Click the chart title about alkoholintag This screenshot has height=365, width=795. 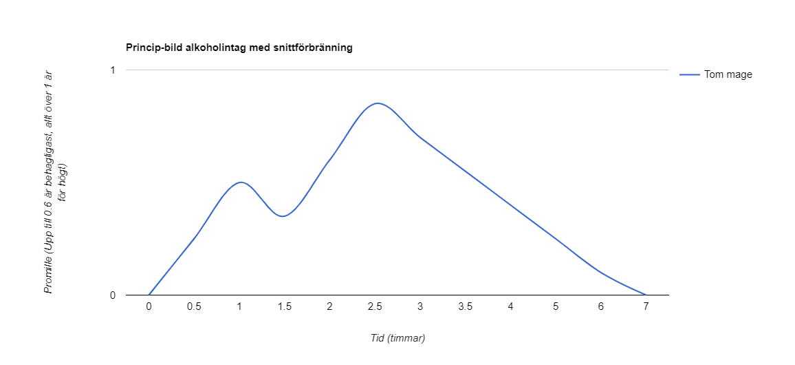239,48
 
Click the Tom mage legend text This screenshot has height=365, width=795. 728,74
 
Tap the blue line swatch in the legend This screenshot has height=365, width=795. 690,74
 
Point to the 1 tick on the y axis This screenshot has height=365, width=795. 112,70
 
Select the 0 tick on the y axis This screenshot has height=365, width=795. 112,295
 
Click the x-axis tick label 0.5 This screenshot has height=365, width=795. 194,307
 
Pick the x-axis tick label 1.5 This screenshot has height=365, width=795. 285,307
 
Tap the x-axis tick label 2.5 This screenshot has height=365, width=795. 375,307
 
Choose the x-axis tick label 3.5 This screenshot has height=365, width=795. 466,307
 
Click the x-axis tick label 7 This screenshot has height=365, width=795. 646,307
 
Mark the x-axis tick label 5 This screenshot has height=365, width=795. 556,307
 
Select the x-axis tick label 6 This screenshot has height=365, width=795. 601,307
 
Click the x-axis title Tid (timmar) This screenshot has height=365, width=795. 397,338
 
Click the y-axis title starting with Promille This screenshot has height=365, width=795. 55,182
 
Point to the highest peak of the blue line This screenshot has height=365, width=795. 377,103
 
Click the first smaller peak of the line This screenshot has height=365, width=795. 240,182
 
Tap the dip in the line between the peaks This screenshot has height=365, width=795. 282,216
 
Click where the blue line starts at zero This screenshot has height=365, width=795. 149,295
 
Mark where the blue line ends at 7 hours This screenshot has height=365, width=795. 646,295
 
